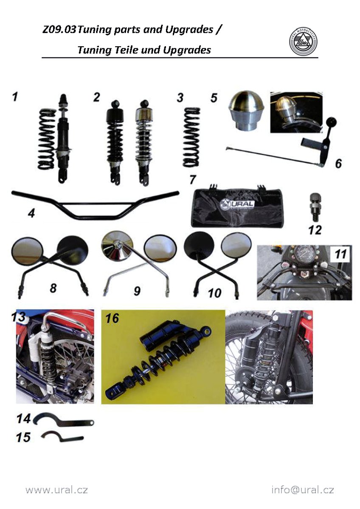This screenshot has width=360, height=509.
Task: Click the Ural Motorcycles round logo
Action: click(x=303, y=42)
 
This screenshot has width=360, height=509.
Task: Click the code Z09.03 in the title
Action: click(x=59, y=30)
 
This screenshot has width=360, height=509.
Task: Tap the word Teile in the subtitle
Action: click(x=126, y=50)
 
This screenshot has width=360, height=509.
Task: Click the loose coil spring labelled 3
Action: click(x=192, y=137)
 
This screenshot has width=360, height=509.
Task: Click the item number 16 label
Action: click(x=112, y=318)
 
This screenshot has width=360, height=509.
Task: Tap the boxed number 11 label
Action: click(x=340, y=254)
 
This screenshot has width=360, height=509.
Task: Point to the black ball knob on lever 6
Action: click(x=332, y=123)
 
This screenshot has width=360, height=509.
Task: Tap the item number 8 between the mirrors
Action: click(x=53, y=288)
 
